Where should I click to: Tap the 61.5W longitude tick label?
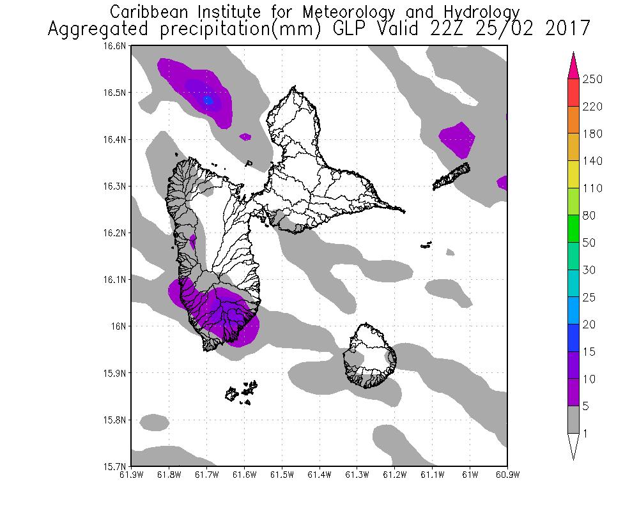point(281,474)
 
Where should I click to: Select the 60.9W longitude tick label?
point(507,474)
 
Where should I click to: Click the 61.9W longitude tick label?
point(131,474)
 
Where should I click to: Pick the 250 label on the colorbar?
point(592,79)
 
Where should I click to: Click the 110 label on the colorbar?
point(592,188)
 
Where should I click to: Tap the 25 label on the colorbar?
point(589,298)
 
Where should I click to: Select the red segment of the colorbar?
point(573,93)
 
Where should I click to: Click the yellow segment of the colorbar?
point(573,174)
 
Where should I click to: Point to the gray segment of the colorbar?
point(573,420)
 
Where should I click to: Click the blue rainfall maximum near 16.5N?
point(208,100)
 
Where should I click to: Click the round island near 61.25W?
point(369,355)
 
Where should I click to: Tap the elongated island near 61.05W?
point(452,177)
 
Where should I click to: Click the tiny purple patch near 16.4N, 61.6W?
point(245,136)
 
